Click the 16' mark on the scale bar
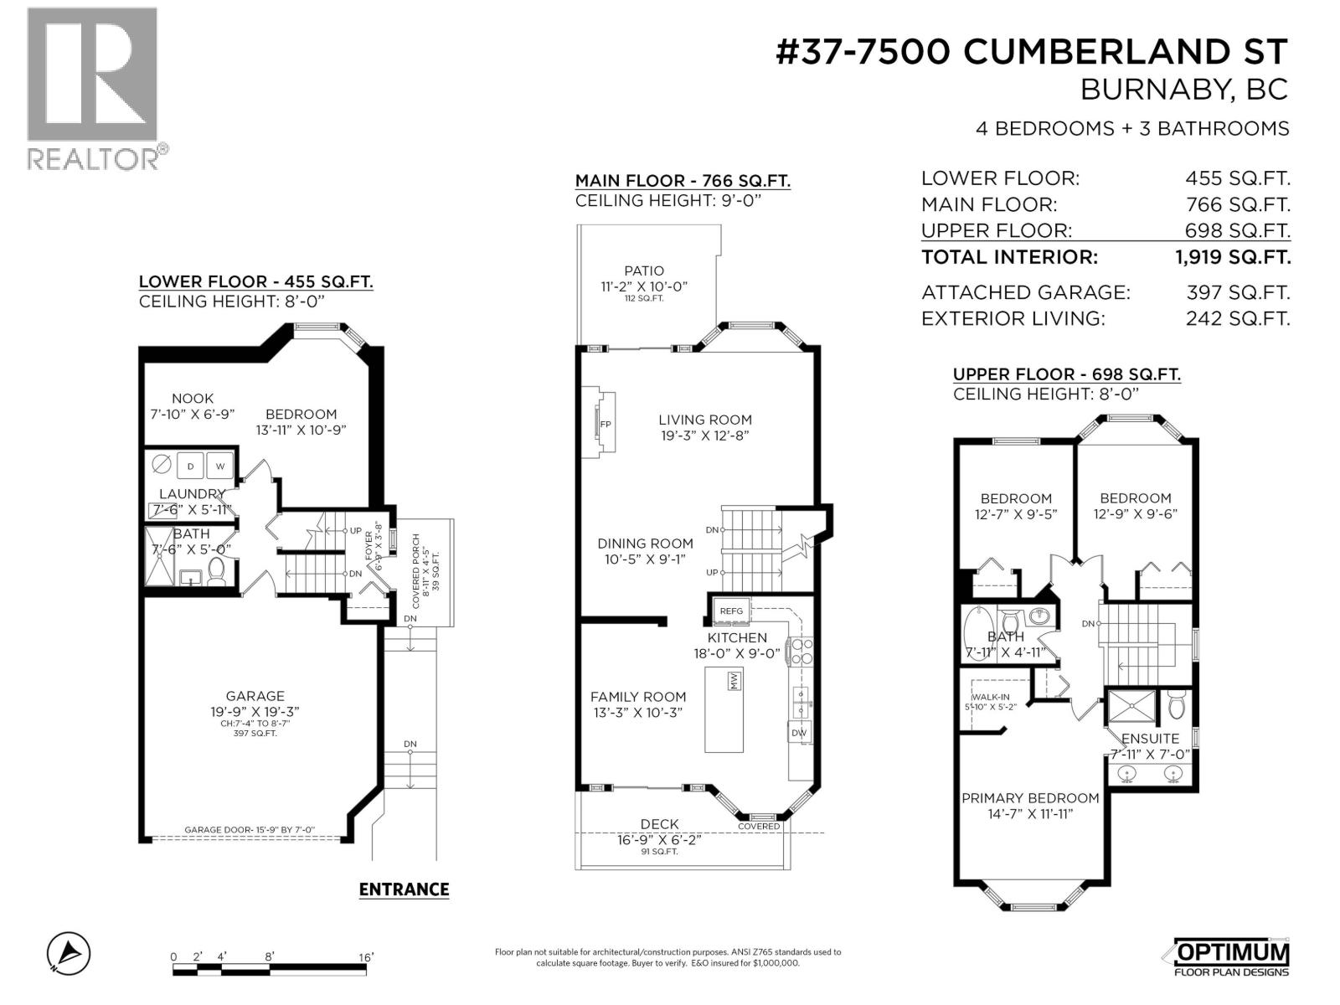tap(365, 957)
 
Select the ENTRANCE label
tap(404, 889)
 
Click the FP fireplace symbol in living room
tap(605, 425)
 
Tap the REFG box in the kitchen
tap(731, 611)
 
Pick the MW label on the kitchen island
tap(733, 681)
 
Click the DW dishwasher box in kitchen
tap(799, 733)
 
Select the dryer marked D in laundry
tap(190, 466)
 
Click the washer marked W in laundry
tap(220, 466)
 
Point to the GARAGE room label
tap(255, 696)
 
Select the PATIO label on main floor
tap(644, 271)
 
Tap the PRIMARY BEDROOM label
tap(1030, 798)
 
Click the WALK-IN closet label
tap(990, 697)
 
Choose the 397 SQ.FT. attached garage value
tap(1237, 292)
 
